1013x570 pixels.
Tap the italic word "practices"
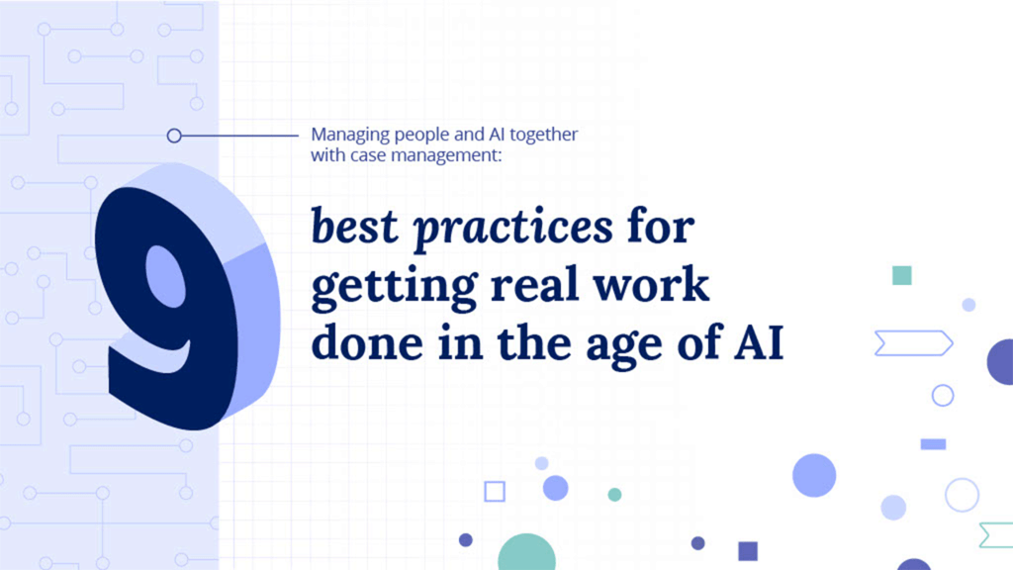[x=512, y=229]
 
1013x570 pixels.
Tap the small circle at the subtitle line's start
[x=174, y=136]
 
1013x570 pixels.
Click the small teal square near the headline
[x=901, y=275]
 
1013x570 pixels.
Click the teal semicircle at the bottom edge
[x=527, y=555]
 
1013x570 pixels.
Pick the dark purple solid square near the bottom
[x=748, y=550]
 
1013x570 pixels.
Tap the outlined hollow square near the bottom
[x=495, y=491]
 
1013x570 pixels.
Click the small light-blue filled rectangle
[x=933, y=444]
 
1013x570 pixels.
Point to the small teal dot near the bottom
[x=614, y=494]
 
